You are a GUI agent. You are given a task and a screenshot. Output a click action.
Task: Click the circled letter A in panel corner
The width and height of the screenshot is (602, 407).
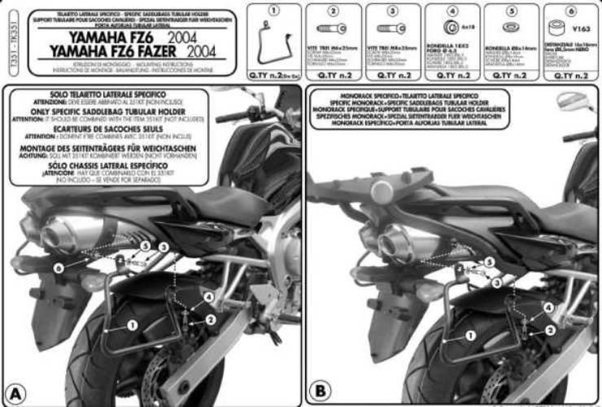(16, 392)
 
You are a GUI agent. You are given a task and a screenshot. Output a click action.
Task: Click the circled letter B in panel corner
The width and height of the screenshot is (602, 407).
(320, 392)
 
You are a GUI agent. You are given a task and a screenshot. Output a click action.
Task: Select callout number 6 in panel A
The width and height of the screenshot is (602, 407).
(59, 266)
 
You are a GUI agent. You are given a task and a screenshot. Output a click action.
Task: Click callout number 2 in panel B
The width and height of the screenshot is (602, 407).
(551, 329)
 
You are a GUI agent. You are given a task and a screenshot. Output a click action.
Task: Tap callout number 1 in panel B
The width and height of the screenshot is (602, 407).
(469, 334)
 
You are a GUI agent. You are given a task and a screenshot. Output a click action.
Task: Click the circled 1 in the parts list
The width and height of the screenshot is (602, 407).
(273, 11)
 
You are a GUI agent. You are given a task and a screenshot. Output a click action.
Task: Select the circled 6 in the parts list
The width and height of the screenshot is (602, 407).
(572, 11)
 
